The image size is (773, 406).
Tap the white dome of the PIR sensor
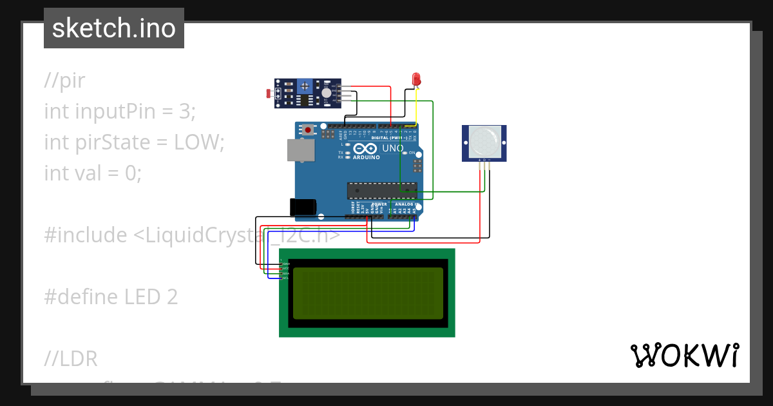[x=484, y=140]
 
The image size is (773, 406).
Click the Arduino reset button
[x=309, y=130]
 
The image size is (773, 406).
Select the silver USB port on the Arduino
[x=300, y=150]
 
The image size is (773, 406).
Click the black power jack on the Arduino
[x=303, y=207]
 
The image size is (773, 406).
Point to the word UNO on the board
[x=393, y=149]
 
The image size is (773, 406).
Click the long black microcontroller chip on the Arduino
[x=381, y=190]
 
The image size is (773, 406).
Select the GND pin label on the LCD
[x=285, y=264]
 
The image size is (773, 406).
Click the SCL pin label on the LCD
[x=285, y=278]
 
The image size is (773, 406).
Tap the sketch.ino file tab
[x=114, y=28]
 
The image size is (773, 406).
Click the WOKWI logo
[x=684, y=356]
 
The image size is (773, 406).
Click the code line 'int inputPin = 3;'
[x=119, y=111]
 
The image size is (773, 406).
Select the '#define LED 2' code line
[x=111, y=297]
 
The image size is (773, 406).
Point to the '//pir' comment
[x=64, y=81]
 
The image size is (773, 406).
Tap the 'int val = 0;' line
[x=93, y=173]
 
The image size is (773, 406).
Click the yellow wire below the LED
[x=417, y=106]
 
